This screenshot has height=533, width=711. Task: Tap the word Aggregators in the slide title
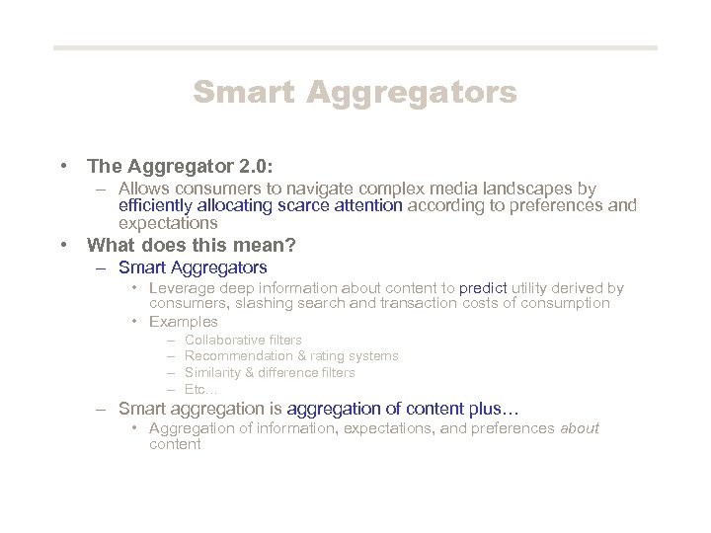click(412, 93)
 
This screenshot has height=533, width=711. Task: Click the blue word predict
click(482, 288)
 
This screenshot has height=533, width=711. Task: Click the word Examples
click(184, 322)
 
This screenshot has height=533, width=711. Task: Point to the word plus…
click(497, 408)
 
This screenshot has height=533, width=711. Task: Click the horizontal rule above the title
click(355, 47)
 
